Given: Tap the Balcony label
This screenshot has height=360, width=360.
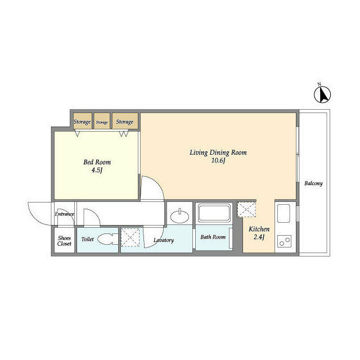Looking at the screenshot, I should click(313, 184).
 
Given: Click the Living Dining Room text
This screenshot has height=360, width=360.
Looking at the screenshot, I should click(218, 152).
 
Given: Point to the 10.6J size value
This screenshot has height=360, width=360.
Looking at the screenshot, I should click(218, 161).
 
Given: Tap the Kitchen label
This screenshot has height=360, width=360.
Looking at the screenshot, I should click(259, 229).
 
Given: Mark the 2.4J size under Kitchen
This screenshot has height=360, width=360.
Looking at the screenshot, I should click(259, 238).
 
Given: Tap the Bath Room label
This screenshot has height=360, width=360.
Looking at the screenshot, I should click(213, 237).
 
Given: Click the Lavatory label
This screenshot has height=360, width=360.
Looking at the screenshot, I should click(164, 240).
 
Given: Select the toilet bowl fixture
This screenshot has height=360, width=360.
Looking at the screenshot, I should click(106, 239).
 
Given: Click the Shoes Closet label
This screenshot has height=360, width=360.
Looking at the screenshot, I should click(64, 241).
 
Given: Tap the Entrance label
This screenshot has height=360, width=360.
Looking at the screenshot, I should click(65, 214).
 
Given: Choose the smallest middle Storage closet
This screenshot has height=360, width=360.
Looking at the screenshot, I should click(102, 121).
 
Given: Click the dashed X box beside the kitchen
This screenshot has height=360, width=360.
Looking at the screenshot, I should click(246, 209).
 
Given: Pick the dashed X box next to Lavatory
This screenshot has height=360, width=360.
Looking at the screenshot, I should click(131, 237).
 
